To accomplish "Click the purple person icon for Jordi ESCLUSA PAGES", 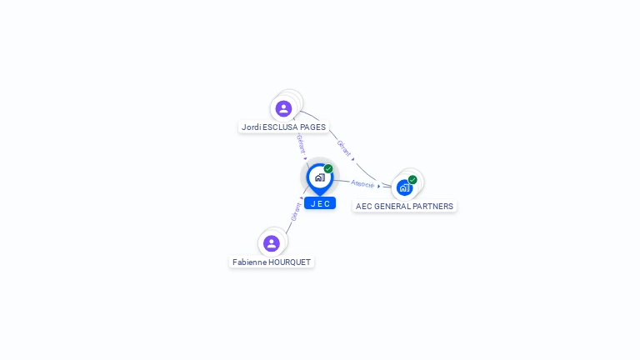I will point(283,108).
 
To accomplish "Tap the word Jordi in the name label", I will point(252,127).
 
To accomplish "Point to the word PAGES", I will point(313,127).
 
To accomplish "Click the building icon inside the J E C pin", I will point(319,177).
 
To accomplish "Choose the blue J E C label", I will point(320,203).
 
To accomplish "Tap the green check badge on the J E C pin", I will point(328,168).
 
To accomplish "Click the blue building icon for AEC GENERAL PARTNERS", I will point(404,188).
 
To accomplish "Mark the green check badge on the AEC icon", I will point(412,179).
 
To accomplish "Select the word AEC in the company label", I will point(364,207).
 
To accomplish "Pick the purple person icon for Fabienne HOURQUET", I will point(271,243).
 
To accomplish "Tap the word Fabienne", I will point(249,262).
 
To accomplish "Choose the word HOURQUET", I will point(290,262).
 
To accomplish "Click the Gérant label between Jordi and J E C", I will point(301,143).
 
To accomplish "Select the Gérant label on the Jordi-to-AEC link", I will point(343,148).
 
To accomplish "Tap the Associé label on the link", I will point(362,183).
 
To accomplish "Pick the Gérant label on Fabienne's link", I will point(296,212).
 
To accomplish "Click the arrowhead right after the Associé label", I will point(379,186).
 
